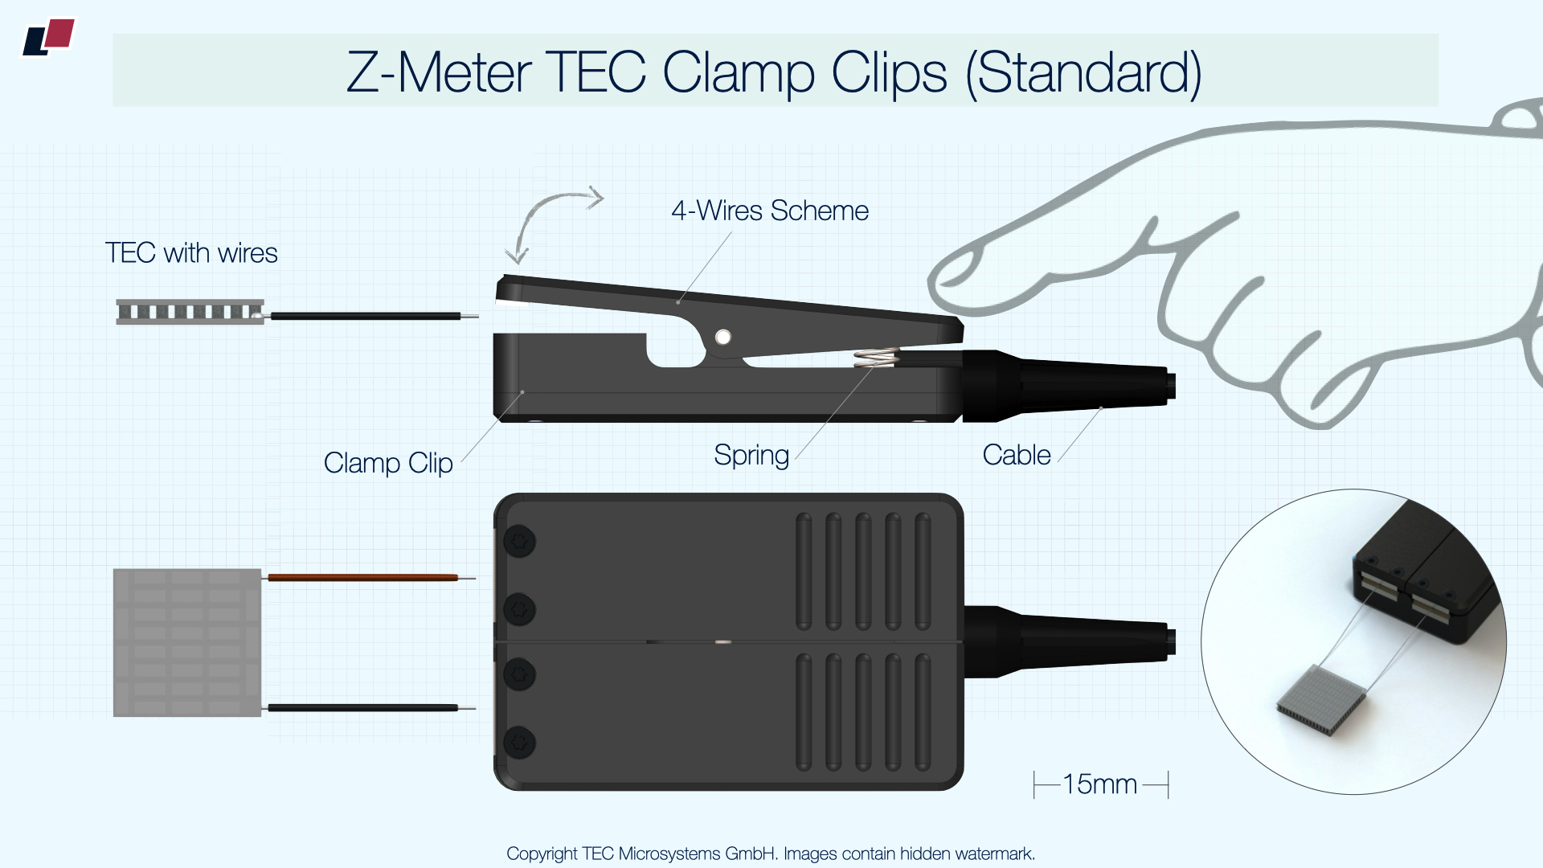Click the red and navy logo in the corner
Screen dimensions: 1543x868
tap(48, 38)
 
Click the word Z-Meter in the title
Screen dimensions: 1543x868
tap(439, 73)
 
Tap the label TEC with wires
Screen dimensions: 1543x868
tap(191, 253)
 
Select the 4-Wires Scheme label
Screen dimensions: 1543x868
tap(770, 211)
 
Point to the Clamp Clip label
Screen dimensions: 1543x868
tap(388, 464)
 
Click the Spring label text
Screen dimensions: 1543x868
tap(751, 456)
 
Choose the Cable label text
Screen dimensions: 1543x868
tap(1017, 455)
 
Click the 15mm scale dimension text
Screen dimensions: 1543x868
tap(1099, 784)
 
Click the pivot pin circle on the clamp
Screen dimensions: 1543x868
tap(723, 338)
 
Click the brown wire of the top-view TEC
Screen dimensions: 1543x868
tap(362, 577)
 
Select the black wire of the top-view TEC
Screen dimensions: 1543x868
tap(362, 708)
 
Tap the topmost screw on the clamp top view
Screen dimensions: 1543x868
tap(519, 542)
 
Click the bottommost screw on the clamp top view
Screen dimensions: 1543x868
tap(519, 743)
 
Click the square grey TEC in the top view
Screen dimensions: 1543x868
tap(187, 643)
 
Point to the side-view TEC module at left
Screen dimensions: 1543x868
tap(190, 312)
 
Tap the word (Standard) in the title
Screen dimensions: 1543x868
tap(1083, 73)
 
